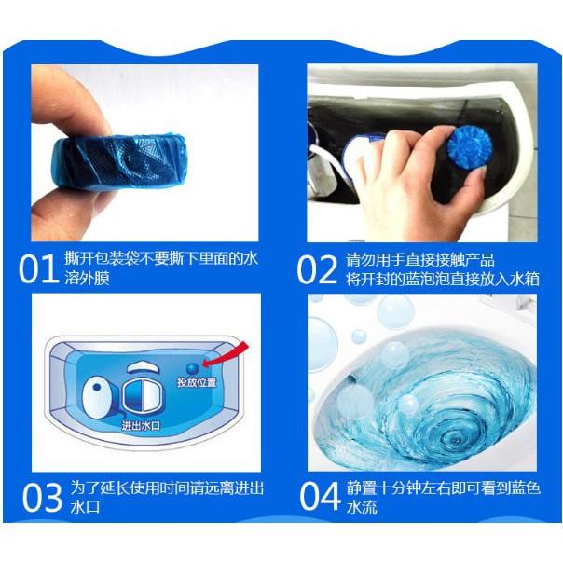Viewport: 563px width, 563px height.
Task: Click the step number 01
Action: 38,269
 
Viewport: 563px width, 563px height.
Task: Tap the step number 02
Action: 317,269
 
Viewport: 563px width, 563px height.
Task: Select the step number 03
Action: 42,498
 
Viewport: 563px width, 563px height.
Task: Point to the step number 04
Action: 320,496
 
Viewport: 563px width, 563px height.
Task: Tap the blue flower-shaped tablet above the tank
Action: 465,147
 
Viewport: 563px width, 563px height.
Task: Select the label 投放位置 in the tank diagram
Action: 197,382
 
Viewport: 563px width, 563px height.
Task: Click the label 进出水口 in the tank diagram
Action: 141,426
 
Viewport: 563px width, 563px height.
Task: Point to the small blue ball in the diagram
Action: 192,367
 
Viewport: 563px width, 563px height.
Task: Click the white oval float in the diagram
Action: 96,396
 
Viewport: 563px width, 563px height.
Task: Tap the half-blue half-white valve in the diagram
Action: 141,395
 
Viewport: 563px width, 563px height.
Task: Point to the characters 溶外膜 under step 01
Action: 87,278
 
